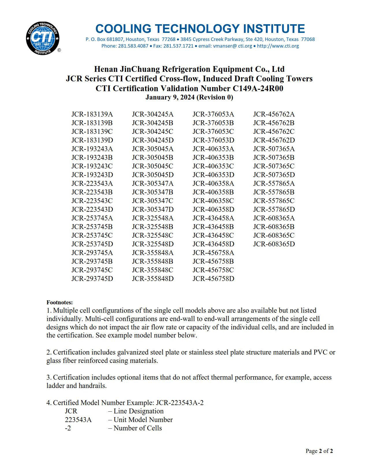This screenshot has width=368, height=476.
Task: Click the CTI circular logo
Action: (x=43, y=38)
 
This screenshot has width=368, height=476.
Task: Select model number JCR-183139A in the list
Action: (x=92, y=114)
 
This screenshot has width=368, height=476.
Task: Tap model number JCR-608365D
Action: (x=274, y=244)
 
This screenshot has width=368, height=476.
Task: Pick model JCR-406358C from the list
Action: (x=213, y=201)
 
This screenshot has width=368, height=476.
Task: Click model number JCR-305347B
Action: (x=153, y=192)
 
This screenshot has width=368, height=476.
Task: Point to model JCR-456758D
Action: (x=213, y=279)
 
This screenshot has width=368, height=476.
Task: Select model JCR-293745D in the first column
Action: (x=92, y=279)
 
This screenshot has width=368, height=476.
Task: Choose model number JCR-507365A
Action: (x=274, y=149)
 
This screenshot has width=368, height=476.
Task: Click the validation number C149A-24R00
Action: (x=258, y=88)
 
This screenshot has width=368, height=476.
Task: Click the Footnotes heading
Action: (x=59, y=302)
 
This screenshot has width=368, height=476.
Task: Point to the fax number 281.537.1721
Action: (x=178, y=46)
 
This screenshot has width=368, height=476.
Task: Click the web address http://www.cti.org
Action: (x=278, y=46)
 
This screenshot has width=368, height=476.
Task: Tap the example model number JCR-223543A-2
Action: (x=180, y=403)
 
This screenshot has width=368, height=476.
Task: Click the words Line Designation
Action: (x=139, y=411)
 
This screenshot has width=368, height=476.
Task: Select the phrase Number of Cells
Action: (x=138, y=428)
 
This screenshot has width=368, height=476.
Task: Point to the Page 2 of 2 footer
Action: (x=319, y=451)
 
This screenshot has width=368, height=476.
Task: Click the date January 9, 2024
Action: (x=170, y=97)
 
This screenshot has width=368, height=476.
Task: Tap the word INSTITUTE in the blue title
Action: (x=274, y=29)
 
